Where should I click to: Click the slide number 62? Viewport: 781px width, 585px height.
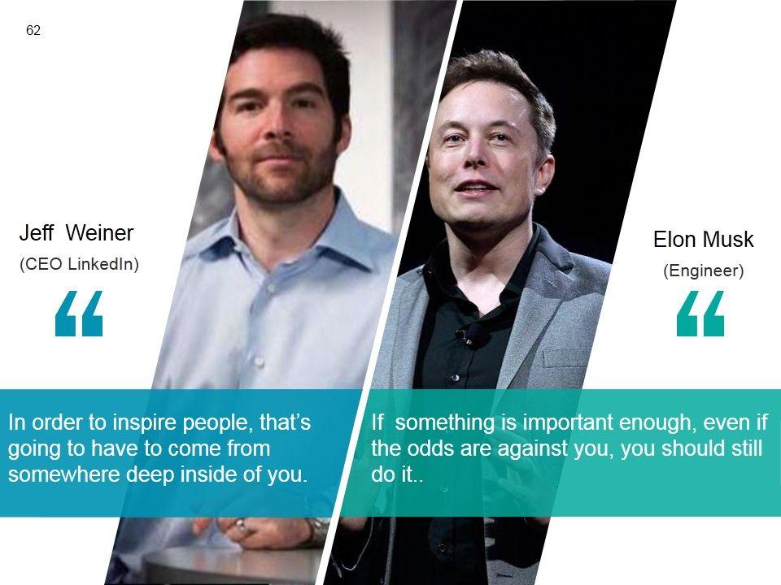tap(33, 30)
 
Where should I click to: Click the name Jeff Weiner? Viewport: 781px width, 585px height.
tap(76, 233)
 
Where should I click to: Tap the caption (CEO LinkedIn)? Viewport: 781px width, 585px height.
tap(79, 263)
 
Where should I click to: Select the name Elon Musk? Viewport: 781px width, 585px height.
tap(703, 239)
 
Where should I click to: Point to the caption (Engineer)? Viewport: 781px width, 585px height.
tap(703, 271)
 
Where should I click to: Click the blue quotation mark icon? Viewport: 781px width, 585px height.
tap(79, 314)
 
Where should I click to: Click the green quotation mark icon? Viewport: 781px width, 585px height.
tap(700, 314)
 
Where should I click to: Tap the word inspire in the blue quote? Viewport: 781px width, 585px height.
tap(145, 422)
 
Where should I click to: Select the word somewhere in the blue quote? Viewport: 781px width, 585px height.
tap(65, 474)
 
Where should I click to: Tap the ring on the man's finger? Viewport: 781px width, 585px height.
tap(241, 524)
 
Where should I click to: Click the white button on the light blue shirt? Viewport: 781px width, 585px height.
tap(258, 361)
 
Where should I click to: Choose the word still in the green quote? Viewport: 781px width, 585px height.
tap(749, 448)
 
